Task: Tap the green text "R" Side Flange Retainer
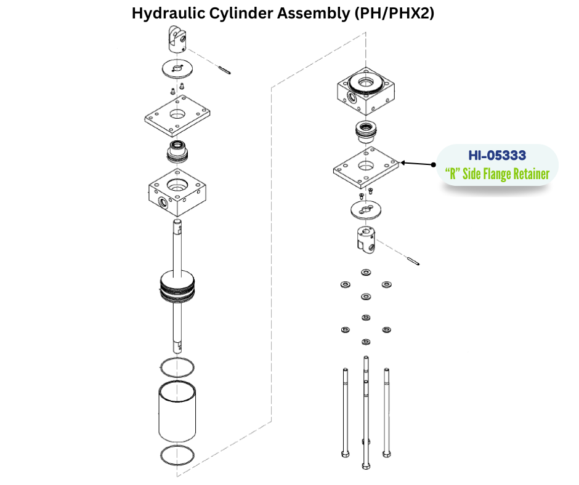coord(496,174)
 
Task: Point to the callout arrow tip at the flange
coord(402,163)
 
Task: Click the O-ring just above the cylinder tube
coord(177,367)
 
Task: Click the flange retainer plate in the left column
coord(177,115)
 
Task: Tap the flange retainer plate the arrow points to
coord(366,167)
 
